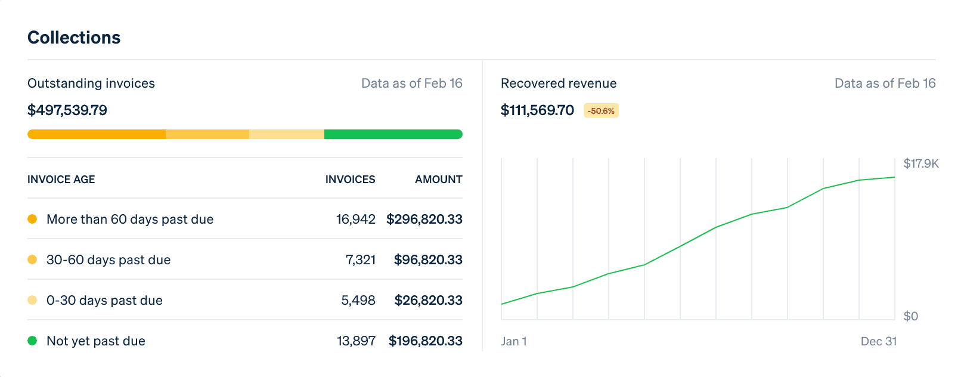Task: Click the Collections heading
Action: (74, 38)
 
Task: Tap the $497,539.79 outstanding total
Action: (67, 110)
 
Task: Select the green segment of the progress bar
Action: (393, 134)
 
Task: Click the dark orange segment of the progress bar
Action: (97, 134)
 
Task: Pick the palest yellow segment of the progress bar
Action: (287, 134)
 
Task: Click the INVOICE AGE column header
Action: (61, 180)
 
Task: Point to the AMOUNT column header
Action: (438, 180)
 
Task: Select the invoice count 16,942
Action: (356, 220)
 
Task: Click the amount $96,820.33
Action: (428, 260)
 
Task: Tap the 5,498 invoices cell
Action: (358, 301)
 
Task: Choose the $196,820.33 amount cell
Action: (426, 341)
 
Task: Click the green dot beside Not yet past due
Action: (32, 341)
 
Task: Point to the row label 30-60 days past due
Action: (108, 260)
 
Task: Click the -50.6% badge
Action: (601, 111)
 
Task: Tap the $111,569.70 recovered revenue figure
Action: (537, 110)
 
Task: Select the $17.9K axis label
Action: (921, 163)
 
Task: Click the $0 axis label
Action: (911, 316)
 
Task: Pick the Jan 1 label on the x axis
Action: (514, 341)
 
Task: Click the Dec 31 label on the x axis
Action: (879, 341)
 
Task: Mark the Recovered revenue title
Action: (559, 84)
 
